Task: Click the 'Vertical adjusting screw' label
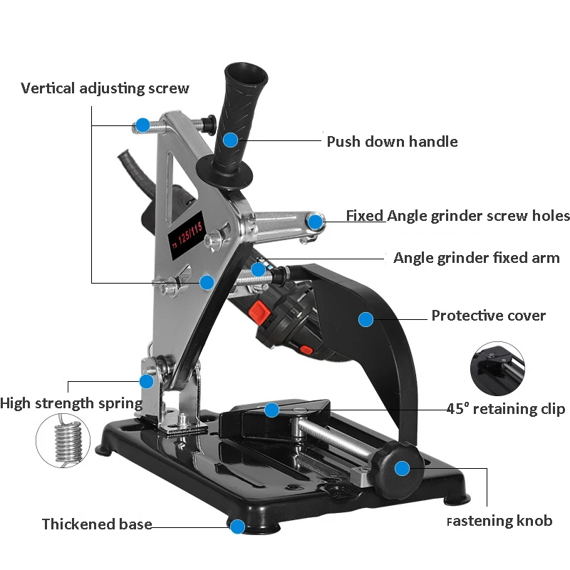tap(105, 88)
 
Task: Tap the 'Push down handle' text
tap(393, 141)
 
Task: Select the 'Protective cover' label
tap(489, 316)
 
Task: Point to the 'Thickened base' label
tap(97, 524)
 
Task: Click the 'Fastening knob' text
tap(499, 521)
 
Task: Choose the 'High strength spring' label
tap(71, 403)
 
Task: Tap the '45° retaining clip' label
tap(506, 408)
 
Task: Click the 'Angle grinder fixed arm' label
tap(477, 258)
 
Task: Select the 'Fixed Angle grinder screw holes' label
tap(457, 216)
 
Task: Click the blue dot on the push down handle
tap(230, 140)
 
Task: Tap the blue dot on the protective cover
tap(366, 319)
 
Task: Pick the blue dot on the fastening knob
tap(402, 469)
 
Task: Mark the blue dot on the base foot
tap(238, 527)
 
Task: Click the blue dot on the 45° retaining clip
tap(272, 410)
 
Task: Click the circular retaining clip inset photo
tap(497, 368)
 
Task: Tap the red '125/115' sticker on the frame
tap(187, 235)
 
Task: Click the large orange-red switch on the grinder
tap(260, 311)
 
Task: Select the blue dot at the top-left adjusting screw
tap(143, 125)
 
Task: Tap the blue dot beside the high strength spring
tap(147, 382)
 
